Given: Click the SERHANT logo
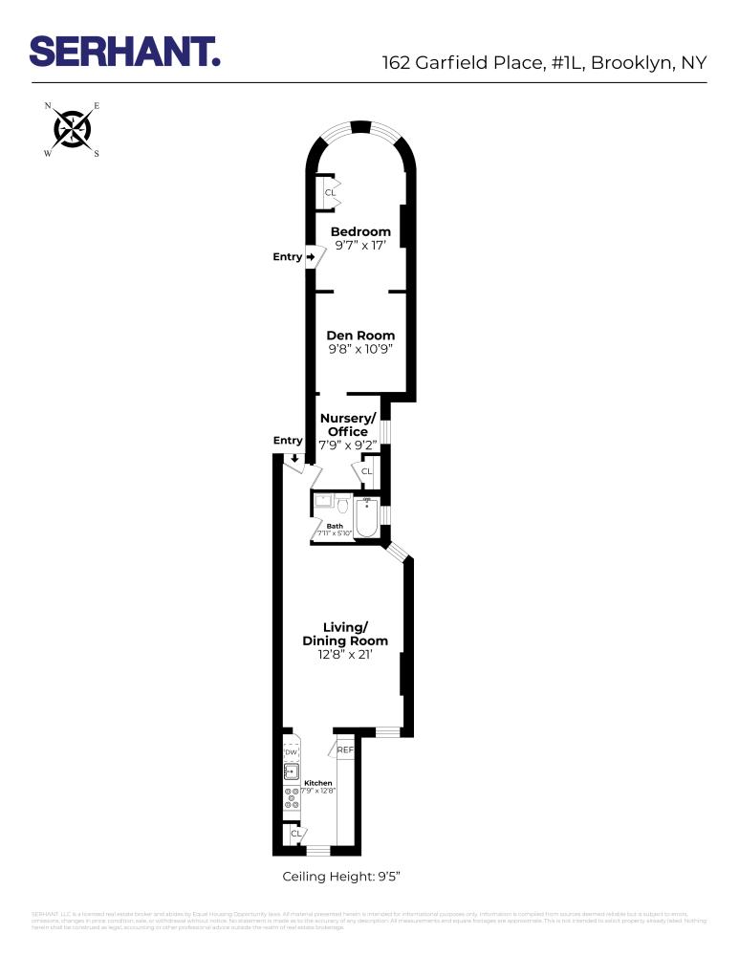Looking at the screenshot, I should coord(125,52).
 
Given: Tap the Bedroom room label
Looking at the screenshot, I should coord(360,231).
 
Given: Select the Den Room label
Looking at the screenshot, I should coord(360,336).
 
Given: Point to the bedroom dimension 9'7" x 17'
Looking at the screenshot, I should coord(360,247).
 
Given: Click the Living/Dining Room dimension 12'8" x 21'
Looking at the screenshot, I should coord(345,655).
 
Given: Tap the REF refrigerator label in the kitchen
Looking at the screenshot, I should coord(345,750).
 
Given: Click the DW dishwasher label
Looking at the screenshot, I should coord(292,753).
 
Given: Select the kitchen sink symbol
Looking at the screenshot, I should coord(292,771).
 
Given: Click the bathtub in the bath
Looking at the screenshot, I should coord(367,517).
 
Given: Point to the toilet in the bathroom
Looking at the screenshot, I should coord(342,505).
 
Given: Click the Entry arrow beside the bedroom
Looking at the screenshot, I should coord(311,257).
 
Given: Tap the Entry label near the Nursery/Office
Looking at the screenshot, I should coord(288,441).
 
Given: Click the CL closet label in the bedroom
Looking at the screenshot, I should coord(330,193).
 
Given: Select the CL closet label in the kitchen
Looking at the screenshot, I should coord(296,834).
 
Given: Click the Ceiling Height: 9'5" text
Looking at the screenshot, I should coord(347,877).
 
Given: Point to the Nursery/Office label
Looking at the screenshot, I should coord(346,425).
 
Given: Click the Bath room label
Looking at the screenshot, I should coord(335,526).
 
